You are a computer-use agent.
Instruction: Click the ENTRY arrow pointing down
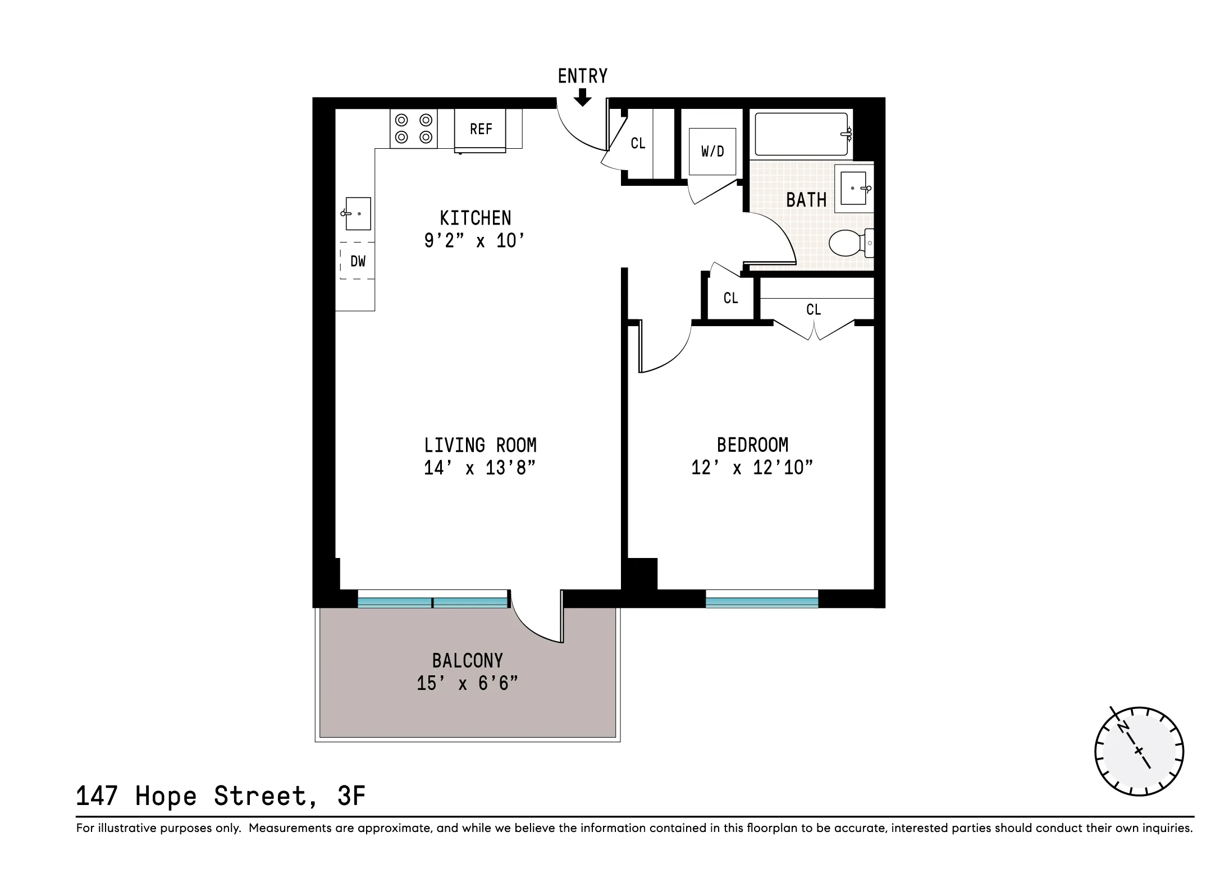pos(583,98)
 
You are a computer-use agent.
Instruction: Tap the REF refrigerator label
pos(481,129)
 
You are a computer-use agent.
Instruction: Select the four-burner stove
pos(414,129)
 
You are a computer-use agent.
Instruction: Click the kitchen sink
pos(358,213)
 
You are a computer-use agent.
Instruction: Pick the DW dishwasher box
pos(358,261)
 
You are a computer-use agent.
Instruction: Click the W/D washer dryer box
pos(712,151)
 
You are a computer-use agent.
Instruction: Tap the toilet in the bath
pos(849,243)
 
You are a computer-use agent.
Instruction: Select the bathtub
pos(801,134)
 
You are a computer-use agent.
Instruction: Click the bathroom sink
pos(853,188)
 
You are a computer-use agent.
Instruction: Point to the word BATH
pos(806,200)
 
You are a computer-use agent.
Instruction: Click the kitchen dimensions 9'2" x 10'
pos(474,241)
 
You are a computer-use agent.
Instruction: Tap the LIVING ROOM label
pos(480,445)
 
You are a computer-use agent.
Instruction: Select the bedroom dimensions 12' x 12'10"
pos(752,468)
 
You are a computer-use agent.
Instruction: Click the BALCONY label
pos(467,661)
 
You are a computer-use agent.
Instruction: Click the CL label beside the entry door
pos(638,144)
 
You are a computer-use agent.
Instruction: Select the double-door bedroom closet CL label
pos(814,309)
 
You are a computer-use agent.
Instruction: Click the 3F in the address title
pos(351,796)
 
